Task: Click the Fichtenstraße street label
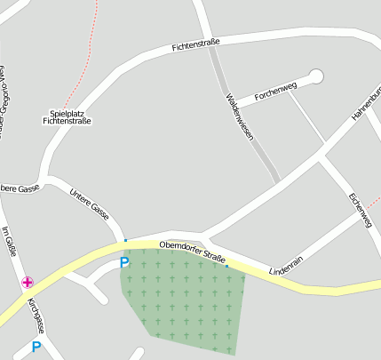[x=196, y=42]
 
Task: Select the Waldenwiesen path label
[x=240, y=118]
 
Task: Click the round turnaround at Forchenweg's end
[x=316, y=76]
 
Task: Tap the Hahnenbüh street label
[x=366, y=103]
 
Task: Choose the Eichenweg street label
[x=361, y=210]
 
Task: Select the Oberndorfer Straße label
[x=194, y=252]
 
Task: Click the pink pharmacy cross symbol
[x=28, y=283]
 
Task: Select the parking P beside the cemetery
[x=124, y=262]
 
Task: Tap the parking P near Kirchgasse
[x=36, y=347]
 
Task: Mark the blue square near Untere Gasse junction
[x=126, y=240]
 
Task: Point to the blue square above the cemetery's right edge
[x=226, y=266]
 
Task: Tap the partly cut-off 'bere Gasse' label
[x=20, y=188]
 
